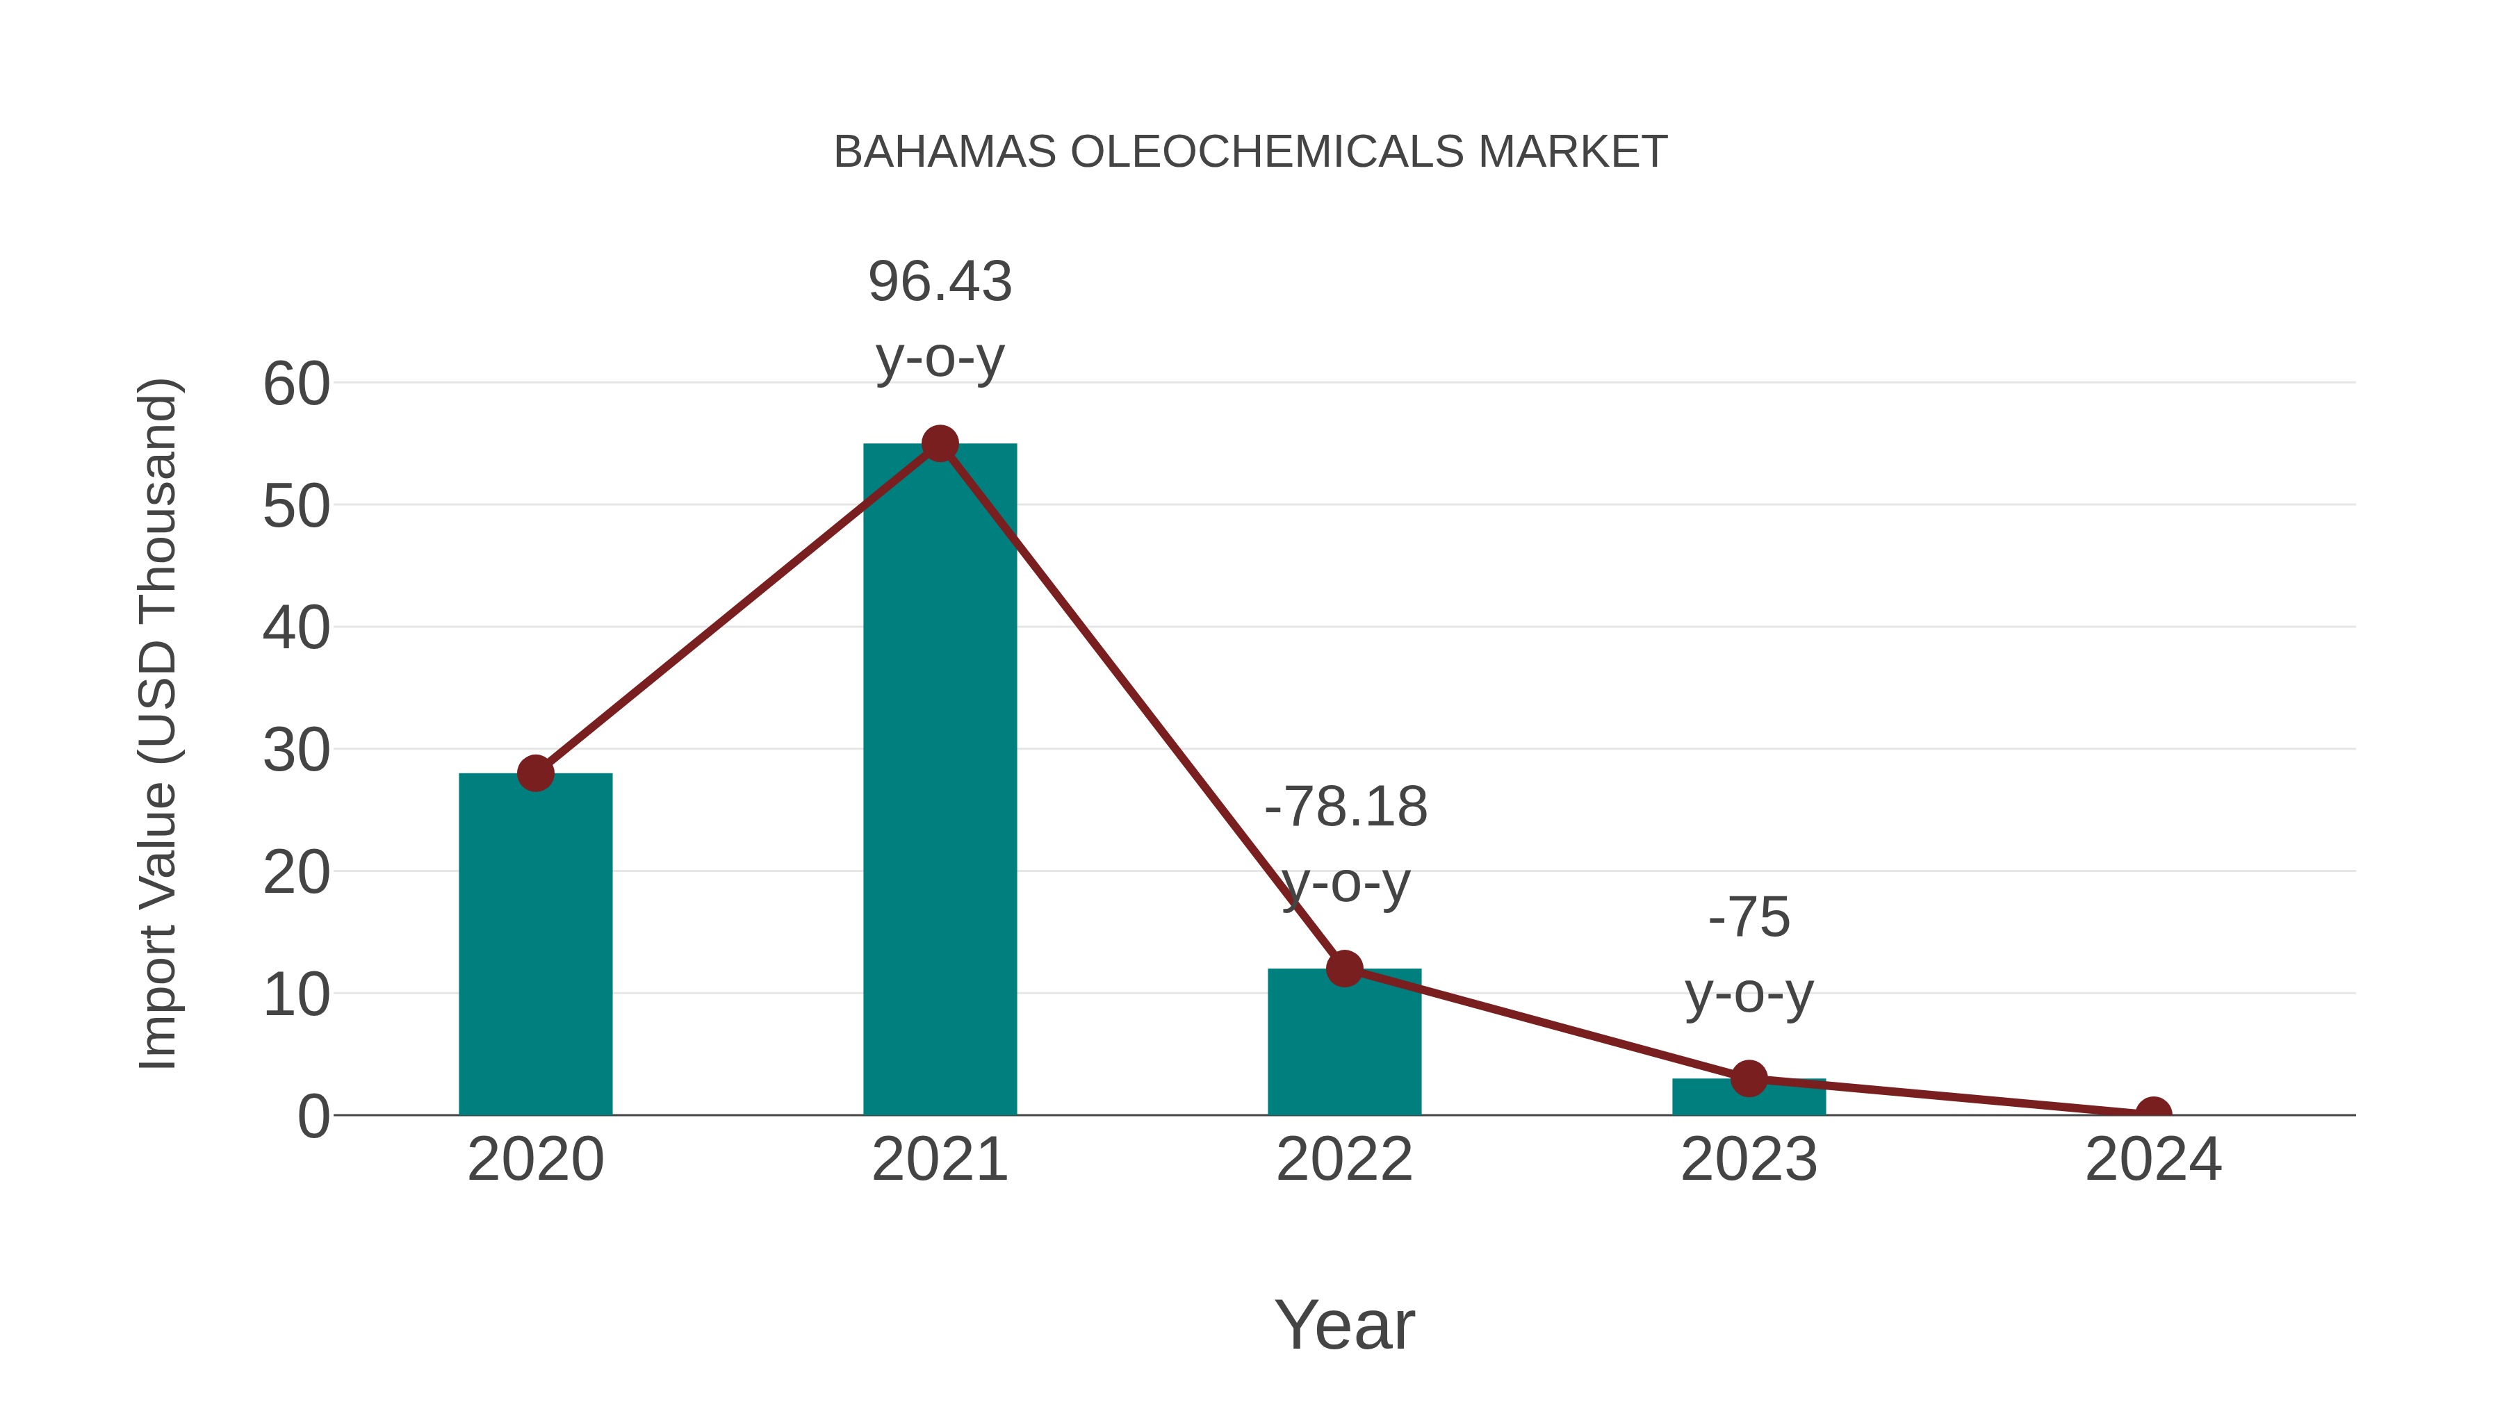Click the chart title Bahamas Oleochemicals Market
pos(1250,151)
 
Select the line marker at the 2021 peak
pos(939,444)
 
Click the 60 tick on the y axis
pos(296,384)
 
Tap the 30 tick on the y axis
pos(296,750)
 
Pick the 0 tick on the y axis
pos(313,1116)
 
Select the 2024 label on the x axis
pos(2153,1160)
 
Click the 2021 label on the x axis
pos(939,1160)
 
